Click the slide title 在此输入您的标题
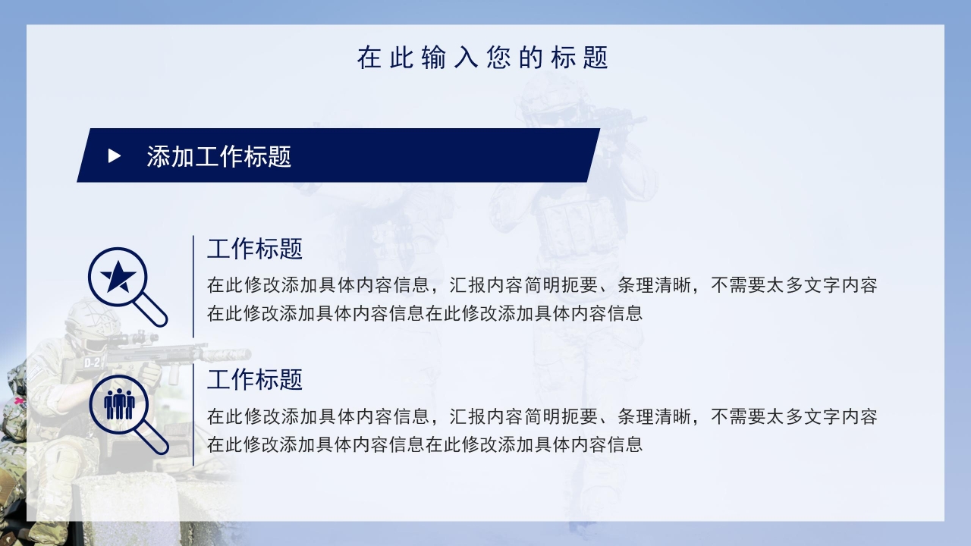click(x=483, y=58)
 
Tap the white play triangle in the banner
click(x=115, y=156)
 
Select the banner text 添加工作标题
click(x=219, y=156)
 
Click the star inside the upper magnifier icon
click(x=118, y=278)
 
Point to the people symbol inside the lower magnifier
click(x=119, y=403)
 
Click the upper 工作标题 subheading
click(x=255, y=249)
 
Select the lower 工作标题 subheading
click(x=255, y=379)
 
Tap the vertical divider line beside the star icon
click(x=193, y=286)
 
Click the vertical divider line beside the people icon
click(x=193, y=415)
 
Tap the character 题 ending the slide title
click(x=597, y=58)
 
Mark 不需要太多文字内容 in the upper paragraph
click(x=794, y=286)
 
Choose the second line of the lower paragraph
click(x=425, y=444)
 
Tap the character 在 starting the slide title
click(x=369, y=58)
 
